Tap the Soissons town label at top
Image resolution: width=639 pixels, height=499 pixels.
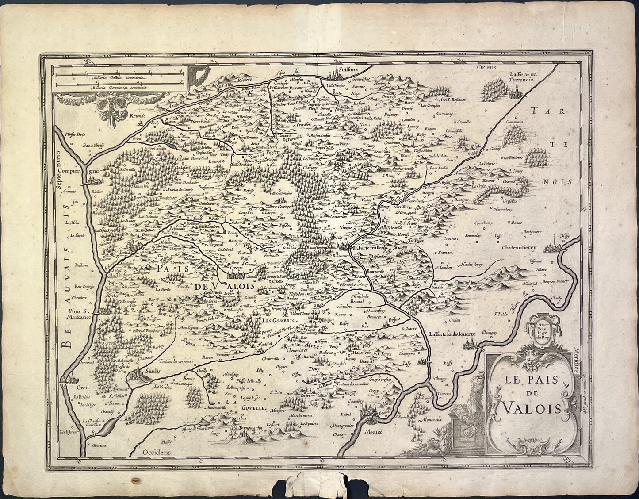point(347,69)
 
